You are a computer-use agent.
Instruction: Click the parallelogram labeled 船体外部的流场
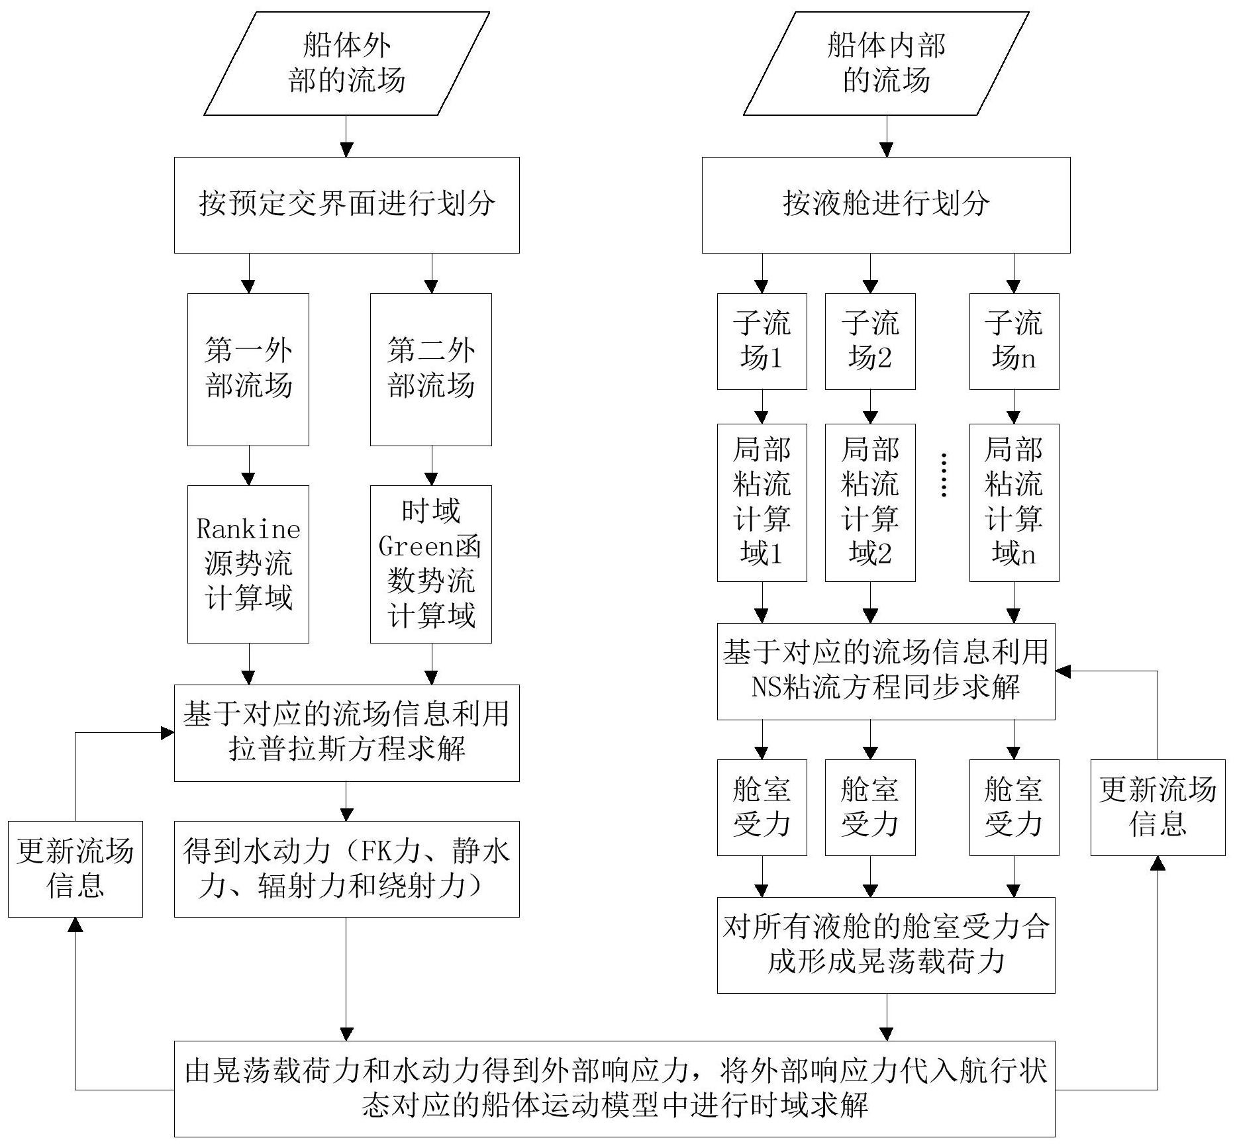[346, 64]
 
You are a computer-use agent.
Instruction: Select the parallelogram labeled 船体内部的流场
[886, 64]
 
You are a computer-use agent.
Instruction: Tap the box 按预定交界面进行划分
[346, 205]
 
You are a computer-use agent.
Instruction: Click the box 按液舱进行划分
[886, 205]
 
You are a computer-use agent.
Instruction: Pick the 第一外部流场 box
[248, 369]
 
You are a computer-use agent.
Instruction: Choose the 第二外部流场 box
[431, 369]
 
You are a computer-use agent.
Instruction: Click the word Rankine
[248, 529]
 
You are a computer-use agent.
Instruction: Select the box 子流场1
[762, 341]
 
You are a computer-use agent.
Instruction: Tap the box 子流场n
[1014, 341]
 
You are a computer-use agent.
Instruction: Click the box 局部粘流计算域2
[870, 502]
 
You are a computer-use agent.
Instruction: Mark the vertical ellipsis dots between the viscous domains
[944, 475]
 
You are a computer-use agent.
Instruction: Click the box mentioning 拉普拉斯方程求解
[346, 732]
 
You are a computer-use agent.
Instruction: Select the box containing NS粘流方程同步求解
[886, 671]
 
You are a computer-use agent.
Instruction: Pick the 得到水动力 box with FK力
[346, 869]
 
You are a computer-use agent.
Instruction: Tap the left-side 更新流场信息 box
[75, 869]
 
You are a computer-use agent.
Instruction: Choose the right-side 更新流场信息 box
[1158, 807]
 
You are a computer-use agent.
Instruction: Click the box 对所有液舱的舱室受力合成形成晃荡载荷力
[886, 945]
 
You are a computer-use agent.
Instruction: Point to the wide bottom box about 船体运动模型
[615, 1089]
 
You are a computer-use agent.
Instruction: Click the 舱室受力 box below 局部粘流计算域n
[1014, 807]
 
